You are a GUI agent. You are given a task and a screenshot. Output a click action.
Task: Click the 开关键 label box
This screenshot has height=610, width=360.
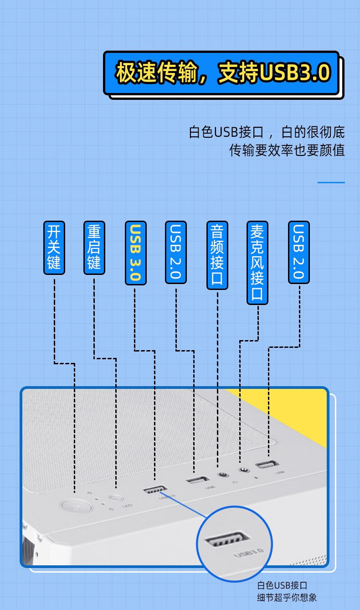tap(54, 248)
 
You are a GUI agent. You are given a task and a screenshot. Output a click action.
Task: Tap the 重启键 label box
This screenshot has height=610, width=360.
tap(94, 248)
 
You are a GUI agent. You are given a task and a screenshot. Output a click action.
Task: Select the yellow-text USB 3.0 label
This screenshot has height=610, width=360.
tap(135, 253)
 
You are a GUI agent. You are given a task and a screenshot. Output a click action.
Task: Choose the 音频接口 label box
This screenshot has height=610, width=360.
tap(217, 255)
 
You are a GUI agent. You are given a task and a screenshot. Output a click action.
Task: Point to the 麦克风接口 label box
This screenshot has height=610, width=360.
tap(257, 263)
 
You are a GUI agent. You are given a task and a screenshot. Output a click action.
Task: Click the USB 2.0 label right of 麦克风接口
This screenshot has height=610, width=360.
tap(298, 252)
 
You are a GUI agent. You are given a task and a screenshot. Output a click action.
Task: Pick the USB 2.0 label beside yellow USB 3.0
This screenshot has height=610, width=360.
tap(175, 252)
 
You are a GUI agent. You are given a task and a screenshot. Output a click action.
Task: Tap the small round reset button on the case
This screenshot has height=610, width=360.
tap(116, 498)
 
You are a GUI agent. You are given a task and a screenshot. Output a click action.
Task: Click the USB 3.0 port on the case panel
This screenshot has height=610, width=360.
tap(155, 490)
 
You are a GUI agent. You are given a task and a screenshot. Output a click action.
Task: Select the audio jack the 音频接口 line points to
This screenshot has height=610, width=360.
tap(223, 475)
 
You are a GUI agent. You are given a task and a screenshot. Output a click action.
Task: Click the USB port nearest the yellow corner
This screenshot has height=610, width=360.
tap(267, 464)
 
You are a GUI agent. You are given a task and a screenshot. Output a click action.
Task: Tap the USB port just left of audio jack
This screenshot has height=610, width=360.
tap(197, 480)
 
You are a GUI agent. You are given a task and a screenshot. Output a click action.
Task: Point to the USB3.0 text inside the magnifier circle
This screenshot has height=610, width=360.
tap(248, 553)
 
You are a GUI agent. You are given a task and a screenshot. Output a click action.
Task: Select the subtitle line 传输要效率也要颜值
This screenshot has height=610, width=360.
tap(287, 150)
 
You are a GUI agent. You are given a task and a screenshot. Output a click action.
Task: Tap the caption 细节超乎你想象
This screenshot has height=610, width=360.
tap(287, 598)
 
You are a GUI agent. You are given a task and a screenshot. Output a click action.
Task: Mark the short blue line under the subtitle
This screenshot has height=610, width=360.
tap(331, 182)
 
